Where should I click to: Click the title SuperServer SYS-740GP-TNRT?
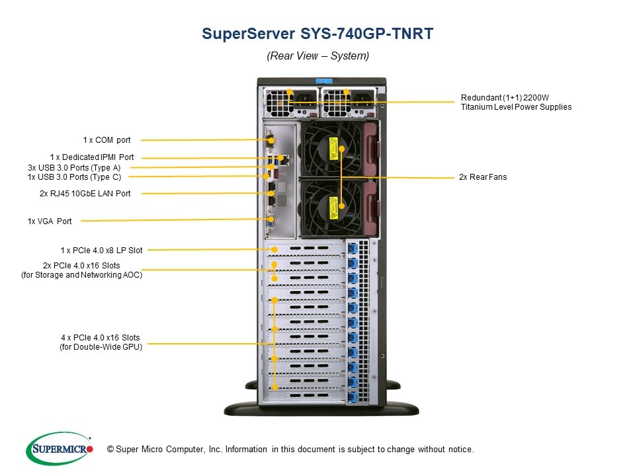[x=317, y=34]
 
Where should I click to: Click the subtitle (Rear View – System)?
[x=317, y=56]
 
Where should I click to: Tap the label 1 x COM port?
[x=106, y=140]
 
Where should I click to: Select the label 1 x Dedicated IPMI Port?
[x=92, y=157]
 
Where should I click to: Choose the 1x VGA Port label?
[x=50, y=221]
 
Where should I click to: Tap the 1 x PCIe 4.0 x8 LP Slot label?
[x=101, y=250]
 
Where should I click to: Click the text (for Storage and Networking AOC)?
[x=81, y=275]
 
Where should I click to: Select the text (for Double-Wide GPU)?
[x=101, y=346]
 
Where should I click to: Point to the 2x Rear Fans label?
[x=483, y=177]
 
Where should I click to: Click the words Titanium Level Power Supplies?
[x=516, y=107]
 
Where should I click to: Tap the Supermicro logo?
[x=60, y=449]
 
